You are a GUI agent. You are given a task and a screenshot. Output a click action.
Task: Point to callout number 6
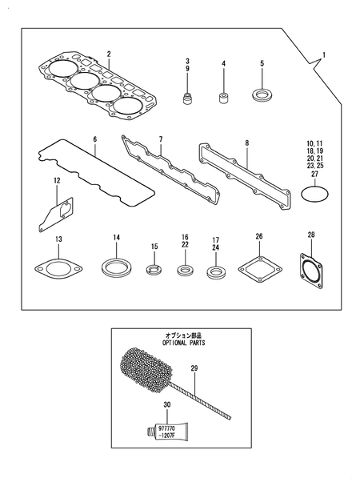coord(94,139)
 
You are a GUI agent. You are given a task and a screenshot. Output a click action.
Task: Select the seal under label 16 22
coord(185,269)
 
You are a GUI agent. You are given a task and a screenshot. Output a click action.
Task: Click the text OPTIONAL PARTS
coord(184,341)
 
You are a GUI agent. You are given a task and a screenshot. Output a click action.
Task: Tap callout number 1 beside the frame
coord(324,55)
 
